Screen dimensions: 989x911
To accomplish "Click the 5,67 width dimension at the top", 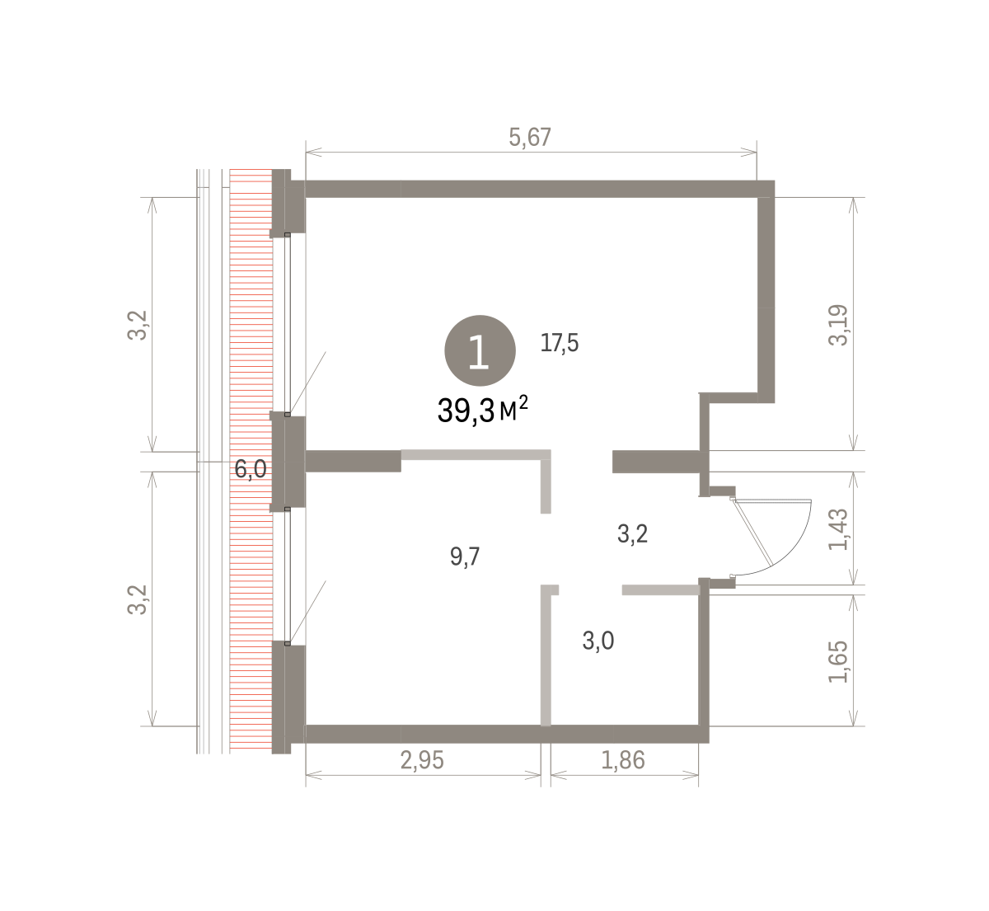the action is point(529,138).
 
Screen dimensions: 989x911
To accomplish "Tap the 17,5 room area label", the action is point(559,343).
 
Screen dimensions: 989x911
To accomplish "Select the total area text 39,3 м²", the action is point(483,410).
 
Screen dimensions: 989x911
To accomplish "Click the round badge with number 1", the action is point(480,350).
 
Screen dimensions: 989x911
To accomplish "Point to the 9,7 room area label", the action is point(465,556).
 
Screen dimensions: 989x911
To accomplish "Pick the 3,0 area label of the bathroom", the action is point(598,641).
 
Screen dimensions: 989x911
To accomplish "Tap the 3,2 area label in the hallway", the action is point(632,533).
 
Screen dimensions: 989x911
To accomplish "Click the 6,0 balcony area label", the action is point(251,468).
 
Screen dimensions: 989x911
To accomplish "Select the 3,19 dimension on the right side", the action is point(837,325).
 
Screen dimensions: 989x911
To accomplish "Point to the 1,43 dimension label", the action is point(837,529).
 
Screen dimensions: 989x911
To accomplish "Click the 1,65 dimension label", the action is point(837,662).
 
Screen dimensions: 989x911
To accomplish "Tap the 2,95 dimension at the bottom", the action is point(422,760).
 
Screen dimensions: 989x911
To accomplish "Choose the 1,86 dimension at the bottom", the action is point(623,760).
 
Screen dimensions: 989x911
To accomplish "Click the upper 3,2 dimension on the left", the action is point(137,325).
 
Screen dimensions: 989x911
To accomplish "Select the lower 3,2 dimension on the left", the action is point(137,599).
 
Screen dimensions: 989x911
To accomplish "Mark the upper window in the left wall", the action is point(288,325).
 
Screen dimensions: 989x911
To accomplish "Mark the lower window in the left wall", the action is point(288,575).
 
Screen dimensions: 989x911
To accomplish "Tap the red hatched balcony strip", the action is point(251,461).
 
